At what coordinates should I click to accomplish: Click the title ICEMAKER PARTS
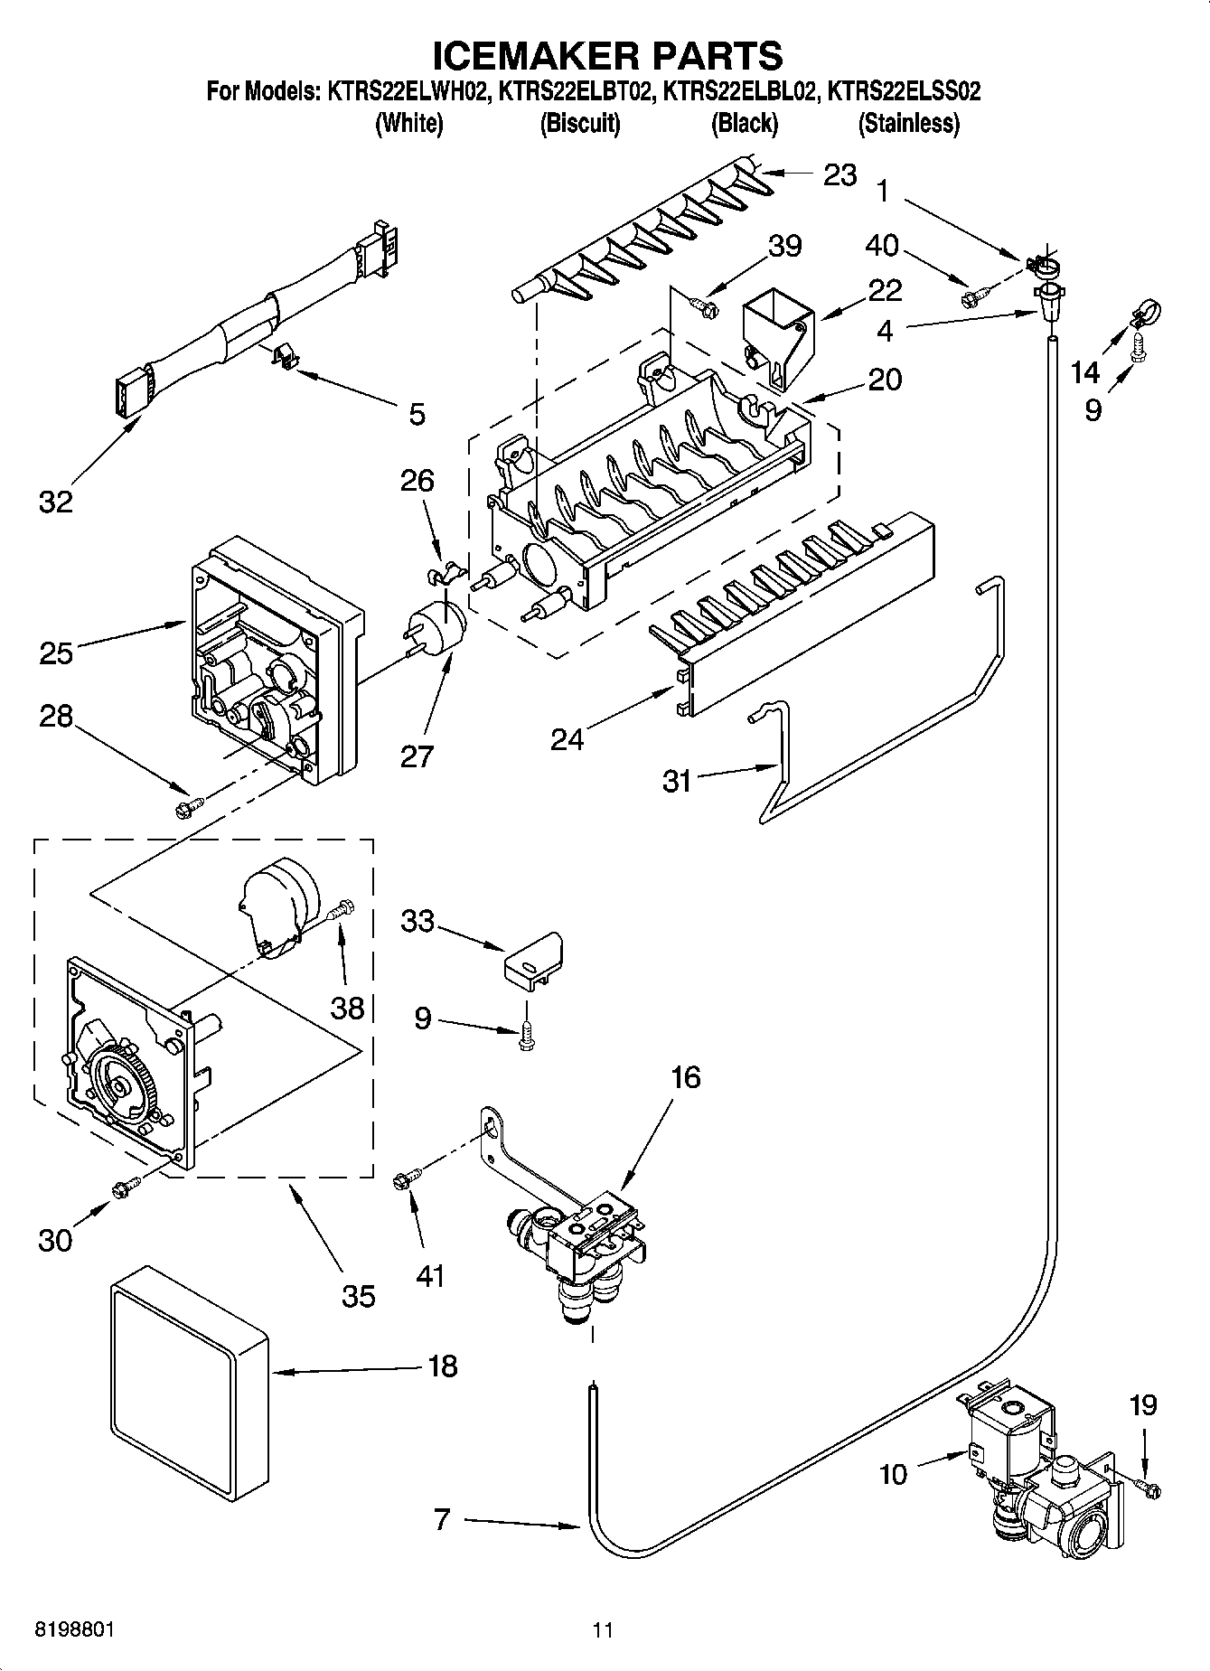606,56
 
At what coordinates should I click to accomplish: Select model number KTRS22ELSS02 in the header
905,91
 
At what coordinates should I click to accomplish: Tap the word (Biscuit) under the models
580,124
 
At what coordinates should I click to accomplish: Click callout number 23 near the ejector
839,174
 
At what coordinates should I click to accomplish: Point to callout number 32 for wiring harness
55,501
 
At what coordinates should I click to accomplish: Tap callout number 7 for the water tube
441,1520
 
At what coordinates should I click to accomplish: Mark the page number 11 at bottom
603,1629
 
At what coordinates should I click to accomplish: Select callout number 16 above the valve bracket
686,1077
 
